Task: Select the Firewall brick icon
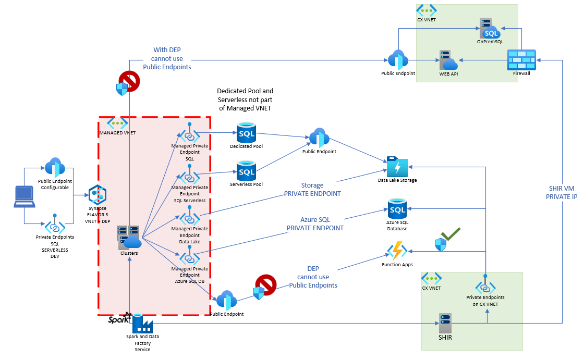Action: pyautogui.click(x=521, y=60)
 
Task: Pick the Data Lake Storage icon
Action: pyautogui.click(x=397, y=166)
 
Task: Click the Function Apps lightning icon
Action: pyautogui.click(x=397, y=251)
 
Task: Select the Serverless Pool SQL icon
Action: pyautogui.click(x=246, y=171)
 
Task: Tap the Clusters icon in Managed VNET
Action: pyautogui.click(x=129, y=238)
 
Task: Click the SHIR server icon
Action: pyautogui.click(x=445, y=323)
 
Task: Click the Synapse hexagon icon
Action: pyautogui.click(x=97, y=194)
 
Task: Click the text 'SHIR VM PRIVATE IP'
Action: pyautogui.click(x=563, y=192)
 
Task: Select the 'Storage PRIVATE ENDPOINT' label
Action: pyautogui.click(x=312, y=189)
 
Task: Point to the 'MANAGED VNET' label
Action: pyautogui.click(x=117, y=133)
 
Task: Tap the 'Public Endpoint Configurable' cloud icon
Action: pyautogui.click(x=54, y=168)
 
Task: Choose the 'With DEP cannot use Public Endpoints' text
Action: pyautogui.click(x=167, y=58)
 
